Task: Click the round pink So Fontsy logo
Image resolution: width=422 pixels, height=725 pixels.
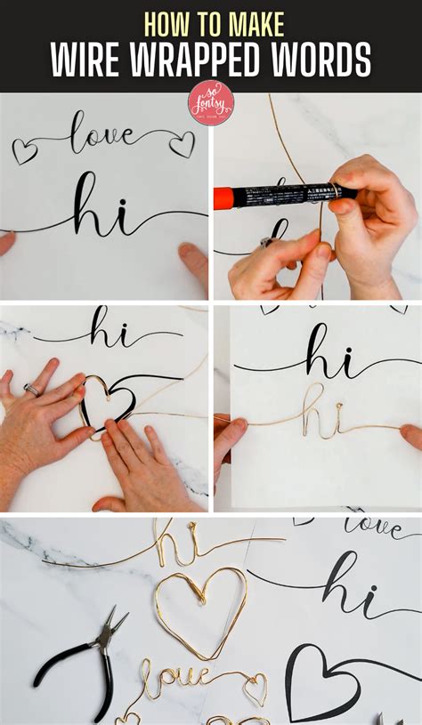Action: (x=211, y=102)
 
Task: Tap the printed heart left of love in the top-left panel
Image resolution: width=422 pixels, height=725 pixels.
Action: (x=24, y=151)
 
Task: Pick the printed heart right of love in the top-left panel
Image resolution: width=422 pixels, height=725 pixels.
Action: (x=182, y=144)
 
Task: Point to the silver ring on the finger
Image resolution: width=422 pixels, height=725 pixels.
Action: (x=31, y=389)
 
